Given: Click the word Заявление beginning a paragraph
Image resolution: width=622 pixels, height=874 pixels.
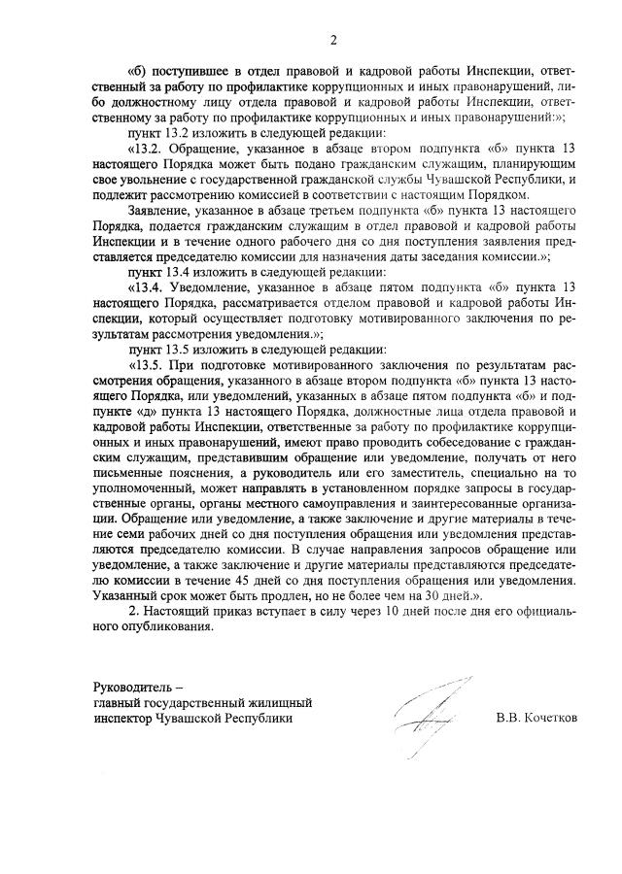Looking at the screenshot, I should [158, 211].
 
